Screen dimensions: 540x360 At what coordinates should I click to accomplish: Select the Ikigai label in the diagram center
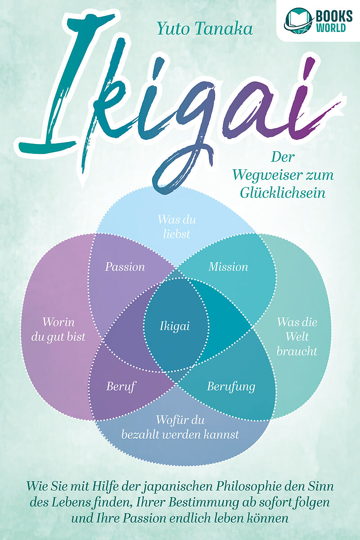tap(175, 326)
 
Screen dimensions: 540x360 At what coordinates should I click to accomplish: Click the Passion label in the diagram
tap(125, 267)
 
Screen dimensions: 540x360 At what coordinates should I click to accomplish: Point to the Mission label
tap(228, 267)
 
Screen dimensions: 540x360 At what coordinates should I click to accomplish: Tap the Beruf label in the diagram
tap(121, 386)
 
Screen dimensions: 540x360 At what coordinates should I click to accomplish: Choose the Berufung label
tap(231, 386)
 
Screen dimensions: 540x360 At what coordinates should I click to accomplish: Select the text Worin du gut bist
tap(64, 329)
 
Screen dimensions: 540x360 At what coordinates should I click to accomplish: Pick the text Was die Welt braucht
tap(297, 337)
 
